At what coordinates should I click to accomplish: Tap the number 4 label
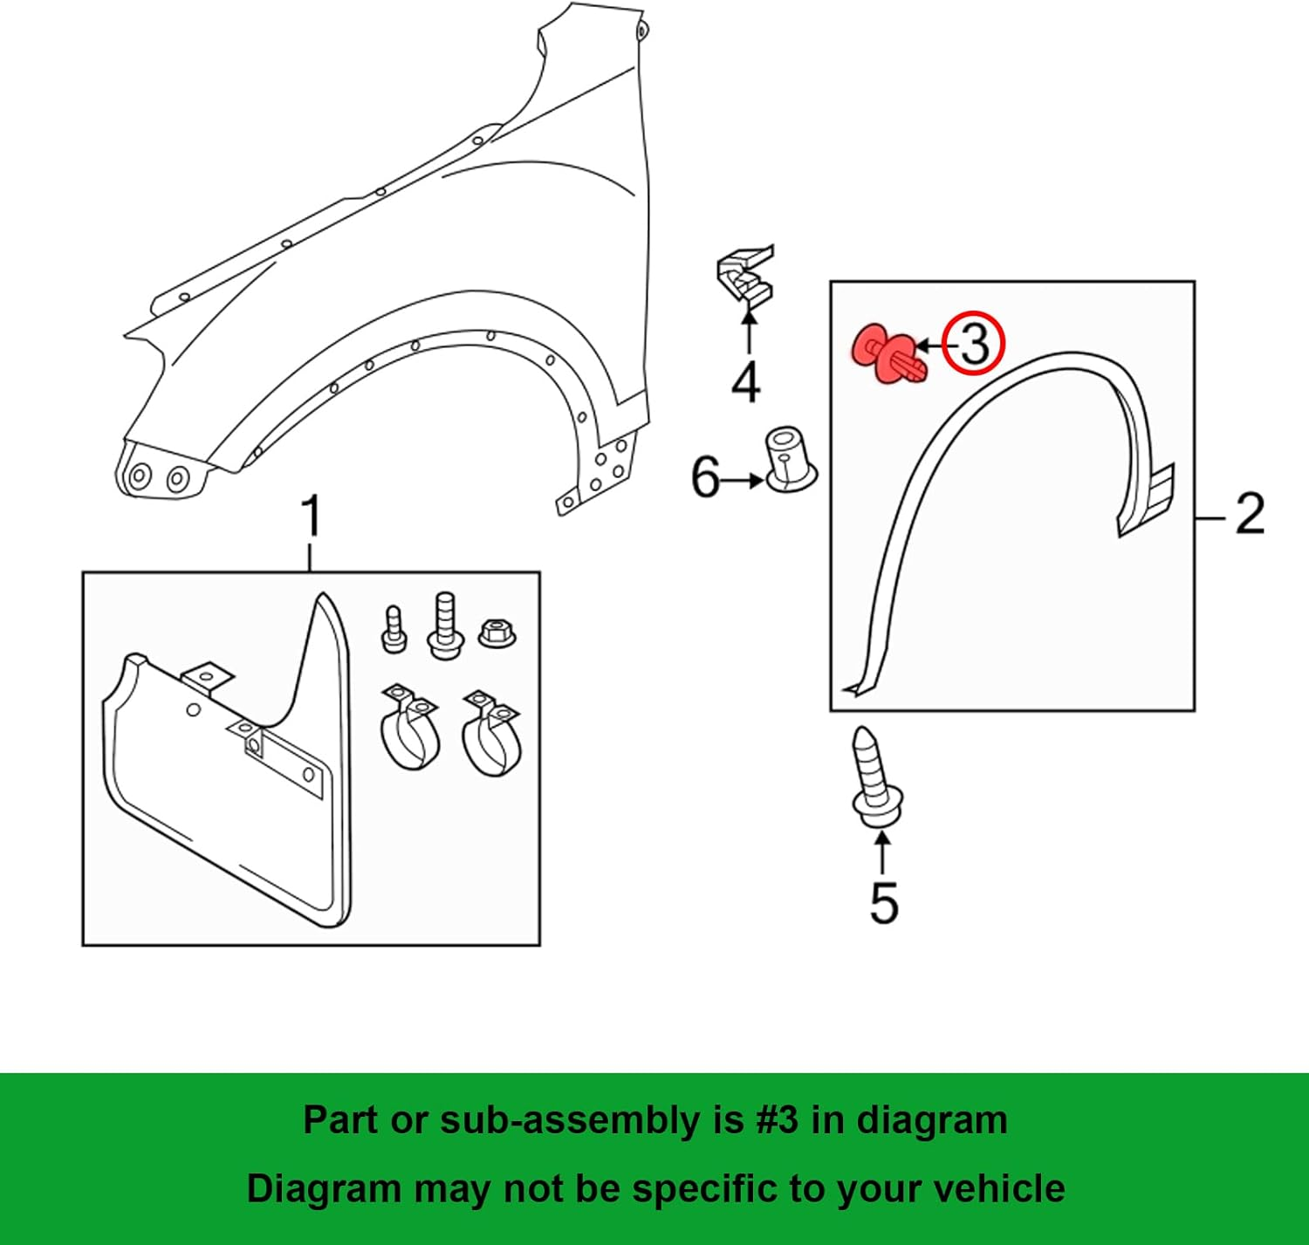pyautogui.click(x=745, y=382)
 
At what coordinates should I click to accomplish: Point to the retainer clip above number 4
pyautogui.click(x=744, y=277)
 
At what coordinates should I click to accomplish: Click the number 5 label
pyautogui.click(x=883, y=903)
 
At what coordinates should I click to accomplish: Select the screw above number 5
pyautogui.click(x=874, y=776)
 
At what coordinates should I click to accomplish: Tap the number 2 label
pyautogui.click(x=1250, y=514)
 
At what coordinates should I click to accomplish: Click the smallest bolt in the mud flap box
pyautogui.click(x=394, y=629)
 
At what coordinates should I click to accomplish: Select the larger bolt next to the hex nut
pyautogui.click(x=444, y=626)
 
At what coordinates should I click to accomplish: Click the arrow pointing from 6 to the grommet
pyautogui.click(x=743, y=480)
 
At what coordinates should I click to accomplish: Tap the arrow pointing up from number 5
pyautogui.click(x=882, y=852)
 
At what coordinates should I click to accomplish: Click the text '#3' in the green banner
pyautogui.click(x=777, y=1119)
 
